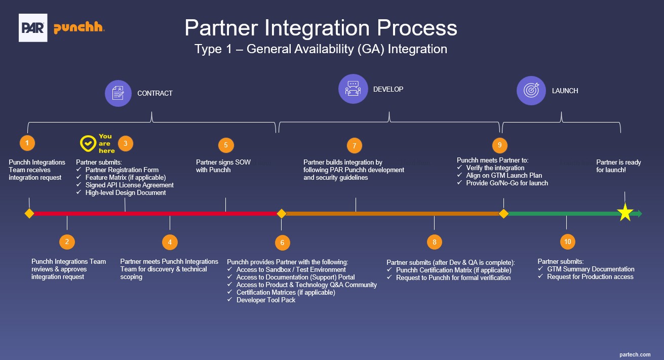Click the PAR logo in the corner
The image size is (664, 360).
[33, 28]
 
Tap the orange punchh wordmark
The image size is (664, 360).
[79, 28]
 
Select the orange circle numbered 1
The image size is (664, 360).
[27, 143]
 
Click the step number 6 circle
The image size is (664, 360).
[282, 243]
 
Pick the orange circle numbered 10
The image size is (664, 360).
[567, 242]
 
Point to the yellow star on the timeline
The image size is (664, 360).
[625, 213]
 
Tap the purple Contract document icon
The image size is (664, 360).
[118, 93]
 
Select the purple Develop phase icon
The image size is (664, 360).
[353, 89]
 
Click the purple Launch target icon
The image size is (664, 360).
[531, 91]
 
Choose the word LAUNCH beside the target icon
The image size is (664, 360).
[565, 91]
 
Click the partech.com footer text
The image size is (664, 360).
[635, 354]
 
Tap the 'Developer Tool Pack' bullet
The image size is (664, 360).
[266, 300]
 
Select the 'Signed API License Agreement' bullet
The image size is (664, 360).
[129, 185]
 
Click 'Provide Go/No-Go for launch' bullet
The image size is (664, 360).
[506, 183]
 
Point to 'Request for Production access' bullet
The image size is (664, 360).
[590, 277]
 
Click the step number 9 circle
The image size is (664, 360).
[499, 145]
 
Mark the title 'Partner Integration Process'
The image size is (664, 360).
[321, 28]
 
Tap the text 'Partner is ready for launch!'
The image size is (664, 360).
[618, 166]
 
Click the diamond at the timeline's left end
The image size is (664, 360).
[29, 214]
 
